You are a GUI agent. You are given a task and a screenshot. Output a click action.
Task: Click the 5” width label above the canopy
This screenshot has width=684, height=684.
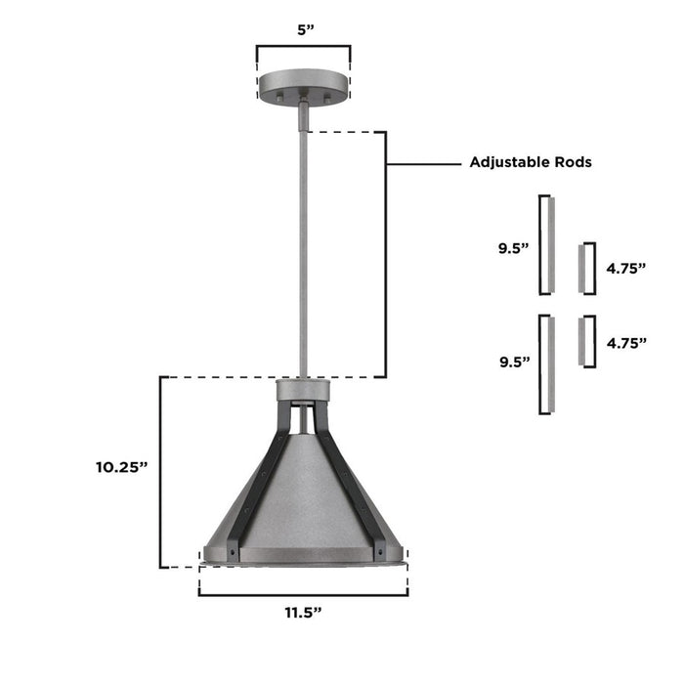(x=304, y=29)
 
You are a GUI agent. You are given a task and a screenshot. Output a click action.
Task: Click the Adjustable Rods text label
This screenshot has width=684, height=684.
(x=531, y=162)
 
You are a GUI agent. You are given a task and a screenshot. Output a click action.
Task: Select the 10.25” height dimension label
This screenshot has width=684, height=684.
(x=121, y=467)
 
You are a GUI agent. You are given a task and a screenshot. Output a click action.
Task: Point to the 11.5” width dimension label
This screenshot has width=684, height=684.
(x=303, y=613)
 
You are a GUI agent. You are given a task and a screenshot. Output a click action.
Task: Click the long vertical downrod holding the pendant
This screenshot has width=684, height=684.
(x=304, y=244)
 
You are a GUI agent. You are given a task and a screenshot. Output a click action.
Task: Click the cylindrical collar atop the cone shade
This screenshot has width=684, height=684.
(x=304, y=391)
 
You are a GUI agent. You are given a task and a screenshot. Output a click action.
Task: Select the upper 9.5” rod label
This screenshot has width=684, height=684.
(x=512, y=248)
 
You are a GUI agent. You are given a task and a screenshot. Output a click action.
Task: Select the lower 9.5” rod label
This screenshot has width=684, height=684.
(x=512, y=361)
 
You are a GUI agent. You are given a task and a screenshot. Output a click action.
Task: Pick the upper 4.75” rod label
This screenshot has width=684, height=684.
(x=626, y=267)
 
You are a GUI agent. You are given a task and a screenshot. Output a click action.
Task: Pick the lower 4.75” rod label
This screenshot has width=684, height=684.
(x=626, y=343)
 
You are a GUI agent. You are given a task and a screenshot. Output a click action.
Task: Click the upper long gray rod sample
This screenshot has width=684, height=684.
(x=550, y=244)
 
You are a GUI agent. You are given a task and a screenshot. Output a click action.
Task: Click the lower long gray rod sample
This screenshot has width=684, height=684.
(x=550, y=363)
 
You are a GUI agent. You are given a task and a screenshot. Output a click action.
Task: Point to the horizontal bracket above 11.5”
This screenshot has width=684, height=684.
(x=303, y=592)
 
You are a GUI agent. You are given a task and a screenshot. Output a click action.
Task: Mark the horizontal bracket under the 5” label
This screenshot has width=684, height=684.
(x=304, y=46)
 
